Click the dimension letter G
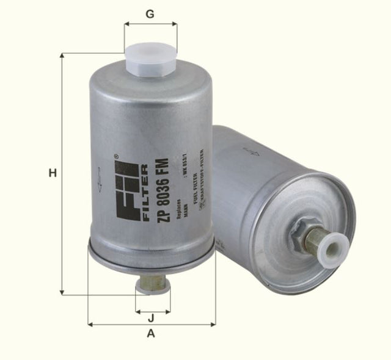[x=150, y=13]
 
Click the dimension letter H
[x=53, y=173]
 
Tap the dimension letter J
[x=151, y=317]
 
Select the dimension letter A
[x=151, y=334]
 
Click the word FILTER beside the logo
[x=145, y=191]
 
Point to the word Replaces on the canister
[x=178, y=208]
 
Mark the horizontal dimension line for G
[x=150, y=25]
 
